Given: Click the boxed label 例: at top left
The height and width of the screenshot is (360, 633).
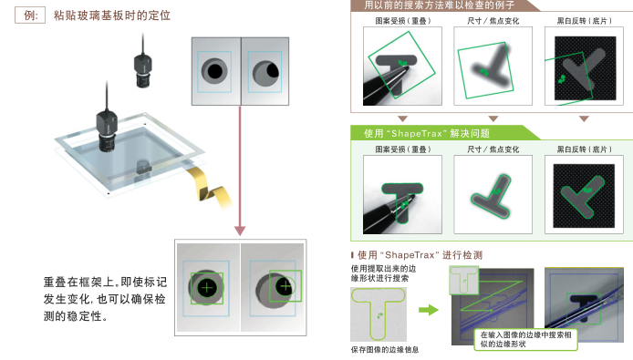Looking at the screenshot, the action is tap(30, 15).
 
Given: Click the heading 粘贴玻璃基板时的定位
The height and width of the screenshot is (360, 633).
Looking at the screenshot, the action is tap(112, 15).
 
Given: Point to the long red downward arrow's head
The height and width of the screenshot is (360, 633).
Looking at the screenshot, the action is tap(240, 231).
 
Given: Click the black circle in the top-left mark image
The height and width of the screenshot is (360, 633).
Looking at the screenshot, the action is tap(214, 71).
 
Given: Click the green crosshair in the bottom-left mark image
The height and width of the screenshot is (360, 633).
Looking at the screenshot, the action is tap(207, 287).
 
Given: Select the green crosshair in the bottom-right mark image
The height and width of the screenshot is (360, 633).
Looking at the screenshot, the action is tap(285, 286).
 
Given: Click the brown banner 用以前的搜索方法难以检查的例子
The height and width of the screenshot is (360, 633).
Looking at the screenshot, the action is tap(440, 5).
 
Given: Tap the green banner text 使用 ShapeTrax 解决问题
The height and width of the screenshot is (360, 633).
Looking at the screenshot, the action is tap(427, 134).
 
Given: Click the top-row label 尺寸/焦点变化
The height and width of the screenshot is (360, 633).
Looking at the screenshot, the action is tap(493, 21).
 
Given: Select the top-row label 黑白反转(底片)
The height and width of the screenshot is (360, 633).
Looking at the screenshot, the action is tap(584, 21).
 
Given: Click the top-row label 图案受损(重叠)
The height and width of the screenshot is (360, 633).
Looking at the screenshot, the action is tap(402, 21).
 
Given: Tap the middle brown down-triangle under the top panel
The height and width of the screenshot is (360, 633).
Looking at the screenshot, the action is tap(493, 118).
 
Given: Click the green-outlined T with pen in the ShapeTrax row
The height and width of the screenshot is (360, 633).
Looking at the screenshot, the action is tap(402, 194).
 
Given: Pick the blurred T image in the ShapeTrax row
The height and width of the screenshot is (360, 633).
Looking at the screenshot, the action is tap(493, 194).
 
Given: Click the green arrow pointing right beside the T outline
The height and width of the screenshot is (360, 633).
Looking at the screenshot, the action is tap(429, 310).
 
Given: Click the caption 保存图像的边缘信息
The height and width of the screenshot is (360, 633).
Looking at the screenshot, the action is tap(385, 349).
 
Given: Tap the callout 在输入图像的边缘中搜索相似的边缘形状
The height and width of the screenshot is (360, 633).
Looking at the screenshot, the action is tap(525, 339).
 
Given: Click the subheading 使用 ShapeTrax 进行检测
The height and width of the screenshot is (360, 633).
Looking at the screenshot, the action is tap(420, 255).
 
